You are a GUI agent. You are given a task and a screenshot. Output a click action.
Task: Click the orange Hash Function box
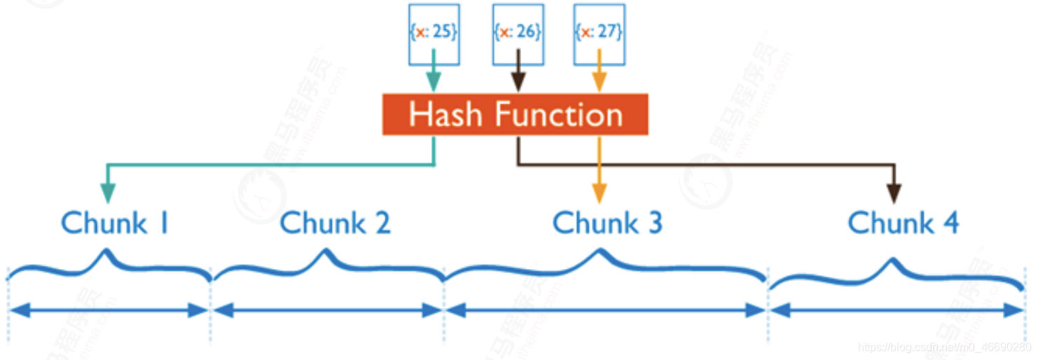pos(515,114)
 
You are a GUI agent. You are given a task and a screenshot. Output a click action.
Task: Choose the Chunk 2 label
pos(334,223)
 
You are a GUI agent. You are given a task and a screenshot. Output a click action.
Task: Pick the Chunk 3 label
pos(607,223)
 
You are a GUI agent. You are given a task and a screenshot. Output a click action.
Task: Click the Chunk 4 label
pos(903,223)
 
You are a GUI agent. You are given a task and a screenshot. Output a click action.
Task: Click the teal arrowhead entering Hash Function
pos(434,83)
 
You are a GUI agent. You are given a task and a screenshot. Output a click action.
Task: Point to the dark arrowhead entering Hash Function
pos(518,83)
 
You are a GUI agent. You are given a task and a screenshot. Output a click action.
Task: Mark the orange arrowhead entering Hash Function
pos(599,83)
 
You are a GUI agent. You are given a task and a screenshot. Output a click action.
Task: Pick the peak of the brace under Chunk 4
pos(892,261)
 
